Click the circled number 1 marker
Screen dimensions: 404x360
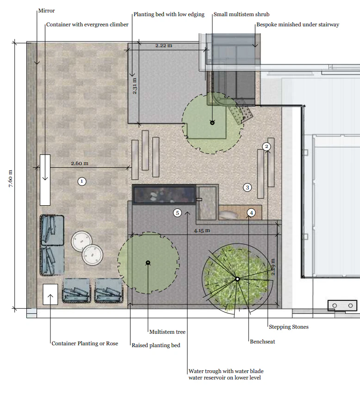tap(81, 181)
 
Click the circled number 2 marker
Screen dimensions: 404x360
tap(266, 147)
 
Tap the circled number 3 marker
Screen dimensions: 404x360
tap(248, 187)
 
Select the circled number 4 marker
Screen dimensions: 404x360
tap(251, 213)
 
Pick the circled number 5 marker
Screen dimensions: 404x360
tap(177, 213)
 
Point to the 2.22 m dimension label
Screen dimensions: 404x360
tap(164, 46)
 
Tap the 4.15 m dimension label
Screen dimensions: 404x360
tap(201, 230)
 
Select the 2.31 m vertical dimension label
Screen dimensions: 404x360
tap(135, 86)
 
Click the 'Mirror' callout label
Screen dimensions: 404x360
tap(47, 11)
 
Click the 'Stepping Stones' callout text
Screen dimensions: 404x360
tap(289, 327)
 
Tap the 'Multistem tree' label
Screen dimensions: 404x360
tap(167, 332)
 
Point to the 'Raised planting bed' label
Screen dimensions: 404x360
tap(156, 345)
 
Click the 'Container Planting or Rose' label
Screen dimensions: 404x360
tap(85, 343)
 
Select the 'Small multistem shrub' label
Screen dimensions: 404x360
tap(241, 14)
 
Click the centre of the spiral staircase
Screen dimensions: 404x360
tap(237, 279)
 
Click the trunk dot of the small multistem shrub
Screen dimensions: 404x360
tap(212, 122)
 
